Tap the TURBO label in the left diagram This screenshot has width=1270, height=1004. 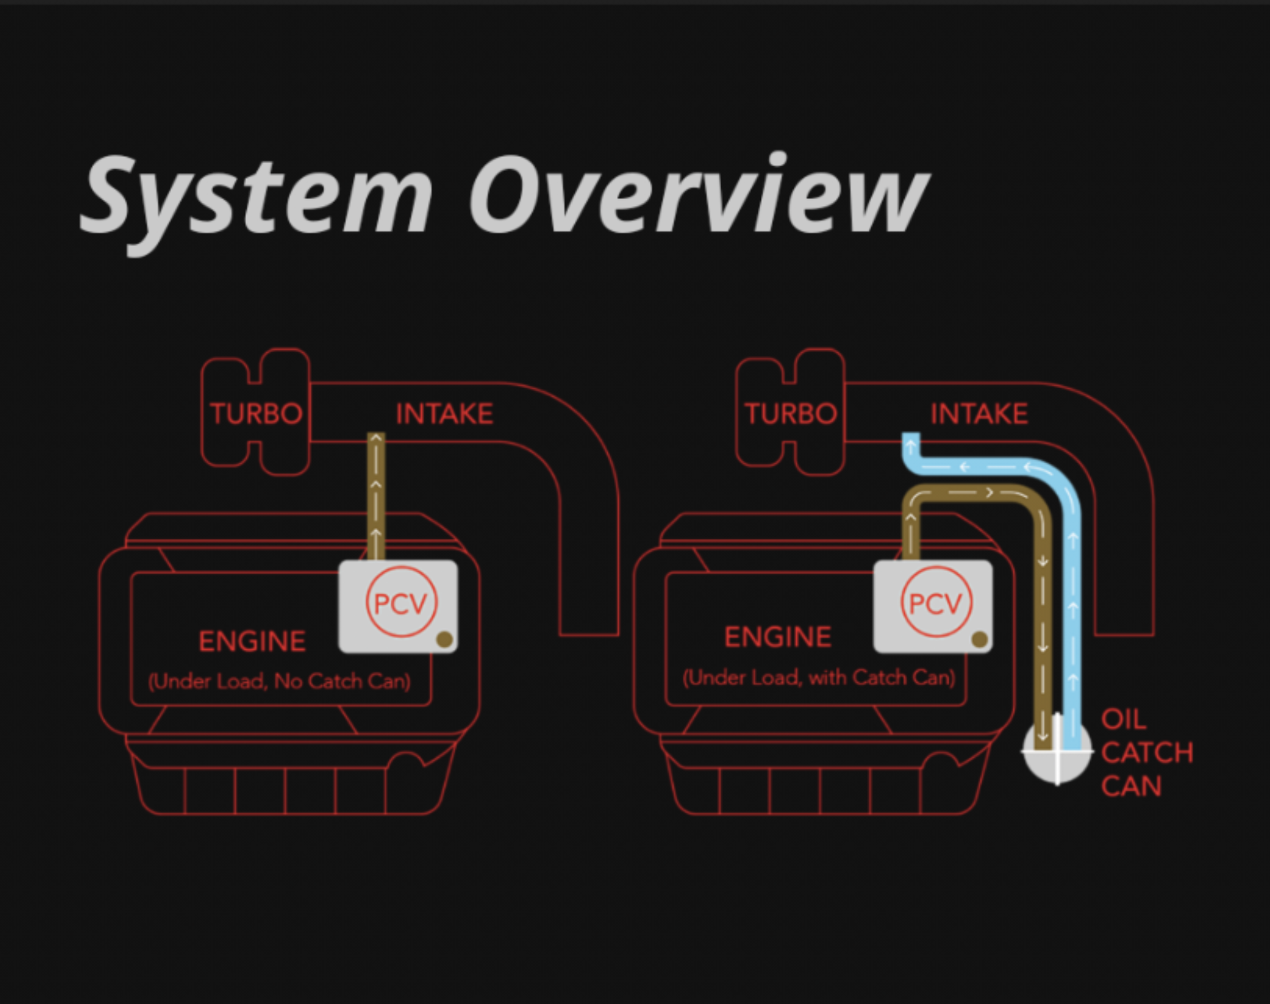point(256,414)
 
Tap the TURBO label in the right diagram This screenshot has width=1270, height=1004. point(791,414)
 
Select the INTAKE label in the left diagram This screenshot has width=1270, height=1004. point(444,414)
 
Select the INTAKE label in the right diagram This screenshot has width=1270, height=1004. point(979,414)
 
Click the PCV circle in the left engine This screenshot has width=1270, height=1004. point(401,602)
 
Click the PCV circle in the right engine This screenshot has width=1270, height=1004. point(936,602)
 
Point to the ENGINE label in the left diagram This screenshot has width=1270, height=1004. point(252,641)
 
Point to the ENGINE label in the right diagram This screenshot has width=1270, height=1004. point(778,637)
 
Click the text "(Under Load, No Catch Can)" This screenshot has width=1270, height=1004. point(279,682)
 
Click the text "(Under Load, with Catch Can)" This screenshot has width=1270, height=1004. point(819,677)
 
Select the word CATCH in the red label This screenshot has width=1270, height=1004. point(1147,753)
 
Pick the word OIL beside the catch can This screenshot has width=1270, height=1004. point(1123,720)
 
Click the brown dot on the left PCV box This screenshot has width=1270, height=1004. point(445,639)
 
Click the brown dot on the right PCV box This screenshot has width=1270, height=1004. point(979,639)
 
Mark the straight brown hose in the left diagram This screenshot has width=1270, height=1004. point(376,496)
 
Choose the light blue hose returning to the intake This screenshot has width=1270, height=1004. point(1072,589)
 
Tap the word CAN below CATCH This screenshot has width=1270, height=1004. point(1131,786)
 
